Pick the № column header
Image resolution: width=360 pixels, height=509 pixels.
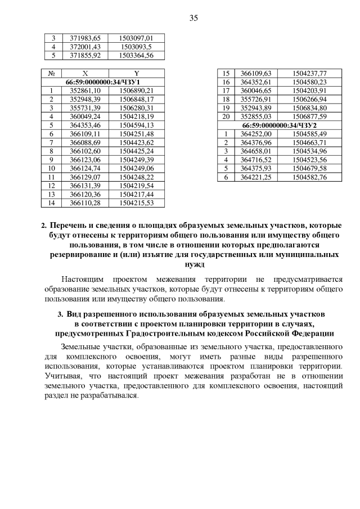(x=52, y=73)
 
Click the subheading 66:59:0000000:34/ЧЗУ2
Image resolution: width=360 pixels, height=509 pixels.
(x=280, y=124)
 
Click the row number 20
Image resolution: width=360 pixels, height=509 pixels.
(x=227, y=116)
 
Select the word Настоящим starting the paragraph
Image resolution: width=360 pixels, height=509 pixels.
(x=83, y=279)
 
